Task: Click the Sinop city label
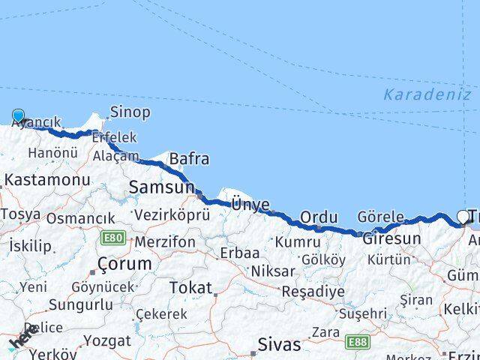[130, 112]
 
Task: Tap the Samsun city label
[161, 187]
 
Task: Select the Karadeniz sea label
[426, 95]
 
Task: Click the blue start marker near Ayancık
[19, 116]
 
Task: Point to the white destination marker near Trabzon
[463, 217]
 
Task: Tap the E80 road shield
[113, 238]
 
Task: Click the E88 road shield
[358, 341]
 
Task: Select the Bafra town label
[189, 159]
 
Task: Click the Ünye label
[250, 204]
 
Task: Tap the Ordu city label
[319, 217]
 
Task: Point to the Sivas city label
[279, 345]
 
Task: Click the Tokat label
[190, 287]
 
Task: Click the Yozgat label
[106, 340]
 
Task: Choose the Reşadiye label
[313, 291]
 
